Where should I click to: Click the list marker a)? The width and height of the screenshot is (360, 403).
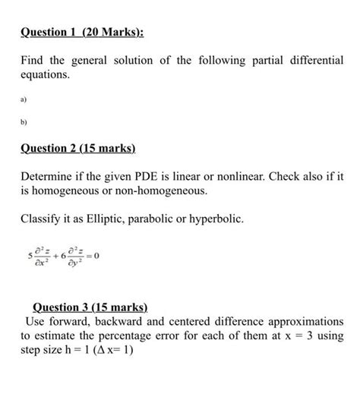pyautogui.click(x=24, y=98)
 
